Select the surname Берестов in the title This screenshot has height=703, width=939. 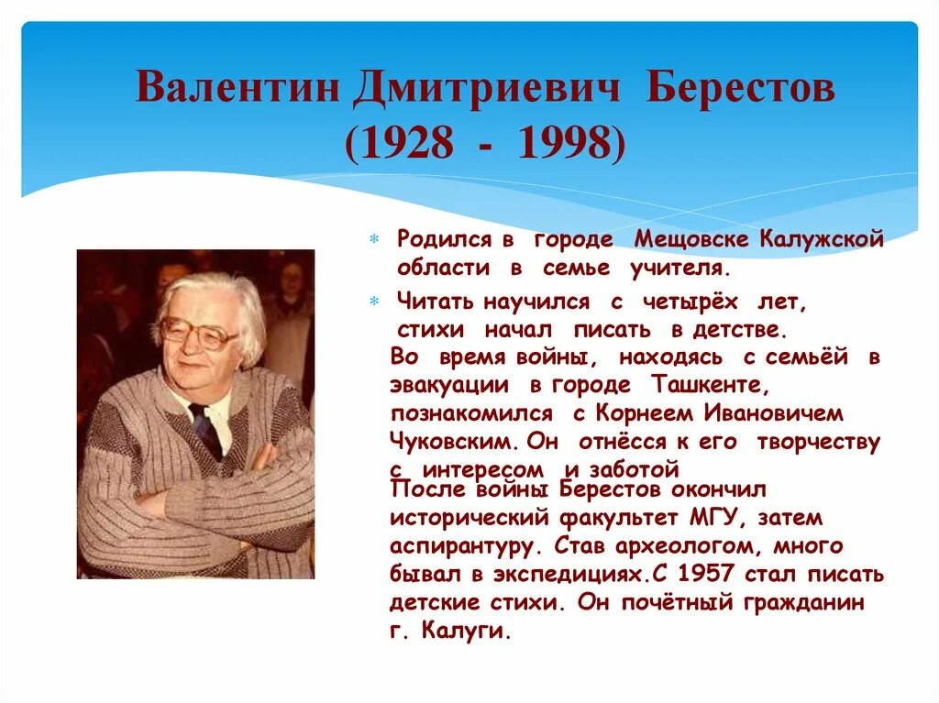click(740, 90)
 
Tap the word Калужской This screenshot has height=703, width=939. click(822, 240)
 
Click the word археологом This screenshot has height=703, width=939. click(701, 546)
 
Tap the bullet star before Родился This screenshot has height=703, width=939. click(374, 240)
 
